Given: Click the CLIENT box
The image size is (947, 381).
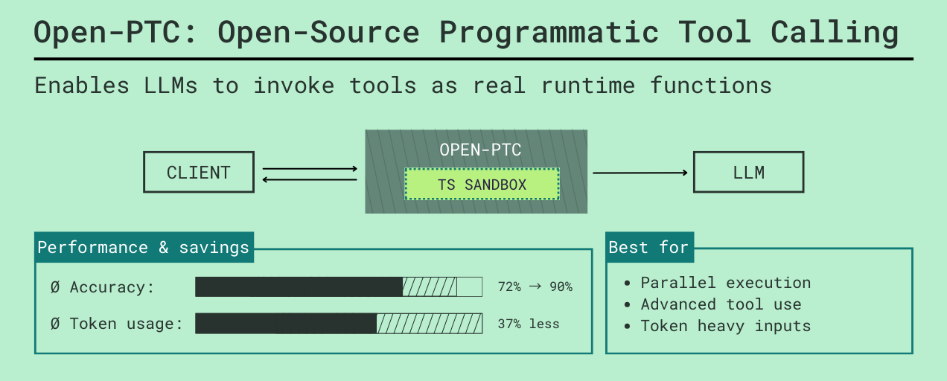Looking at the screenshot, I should pos(199,173).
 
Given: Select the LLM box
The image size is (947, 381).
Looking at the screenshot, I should pos(748,173).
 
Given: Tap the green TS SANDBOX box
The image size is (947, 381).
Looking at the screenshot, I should pos(482,185).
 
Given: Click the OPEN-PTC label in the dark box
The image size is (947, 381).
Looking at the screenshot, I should pos(480,150).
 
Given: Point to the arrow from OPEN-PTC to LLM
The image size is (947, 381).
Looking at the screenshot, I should pos(640,173).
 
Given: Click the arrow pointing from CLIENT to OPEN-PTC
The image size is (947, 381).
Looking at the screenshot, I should pos(310,169).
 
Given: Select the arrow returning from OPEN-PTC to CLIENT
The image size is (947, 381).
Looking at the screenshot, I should pos(310,179).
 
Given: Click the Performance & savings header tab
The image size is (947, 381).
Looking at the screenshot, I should pos(144,247).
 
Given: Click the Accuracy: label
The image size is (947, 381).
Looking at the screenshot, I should pos(112,287).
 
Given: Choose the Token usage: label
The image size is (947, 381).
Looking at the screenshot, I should pos(126,324).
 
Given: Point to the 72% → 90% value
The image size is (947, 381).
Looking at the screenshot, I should pos(535,287).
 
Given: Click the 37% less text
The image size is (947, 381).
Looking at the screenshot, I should pos(528,324).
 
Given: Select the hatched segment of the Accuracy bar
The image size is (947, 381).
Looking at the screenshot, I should pos(430,287).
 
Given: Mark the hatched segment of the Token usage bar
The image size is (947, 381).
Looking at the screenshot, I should pos(429,324).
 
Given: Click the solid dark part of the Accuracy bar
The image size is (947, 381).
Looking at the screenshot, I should pos(299,287).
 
